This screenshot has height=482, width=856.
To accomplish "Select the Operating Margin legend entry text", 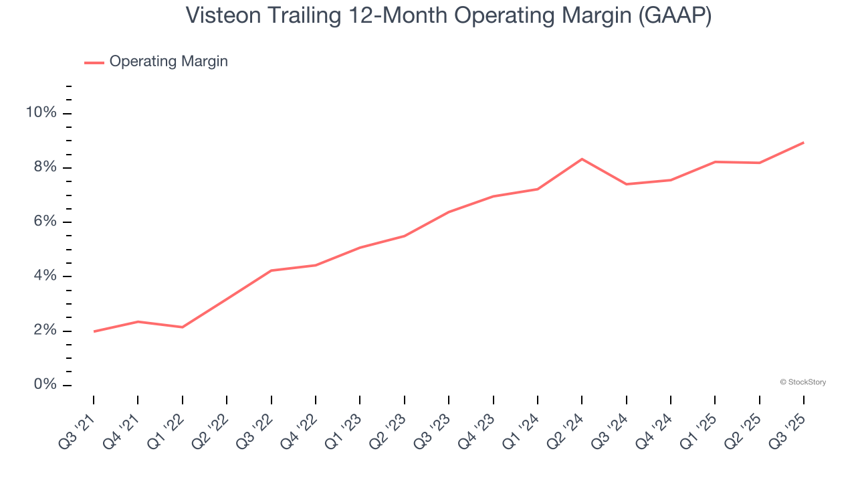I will pos(169,62).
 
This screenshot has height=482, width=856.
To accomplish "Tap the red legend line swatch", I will pos(94,62).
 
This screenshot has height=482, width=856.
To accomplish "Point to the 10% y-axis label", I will pos(41,112).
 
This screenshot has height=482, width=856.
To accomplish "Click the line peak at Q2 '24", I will pos(582,159).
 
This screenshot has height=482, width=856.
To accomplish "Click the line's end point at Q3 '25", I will pos(803,143).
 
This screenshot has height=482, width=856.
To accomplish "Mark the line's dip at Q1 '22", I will pos(182,327).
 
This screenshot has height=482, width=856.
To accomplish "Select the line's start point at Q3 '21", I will pos(94,331).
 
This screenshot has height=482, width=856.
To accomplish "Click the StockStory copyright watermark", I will pos(802,382).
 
